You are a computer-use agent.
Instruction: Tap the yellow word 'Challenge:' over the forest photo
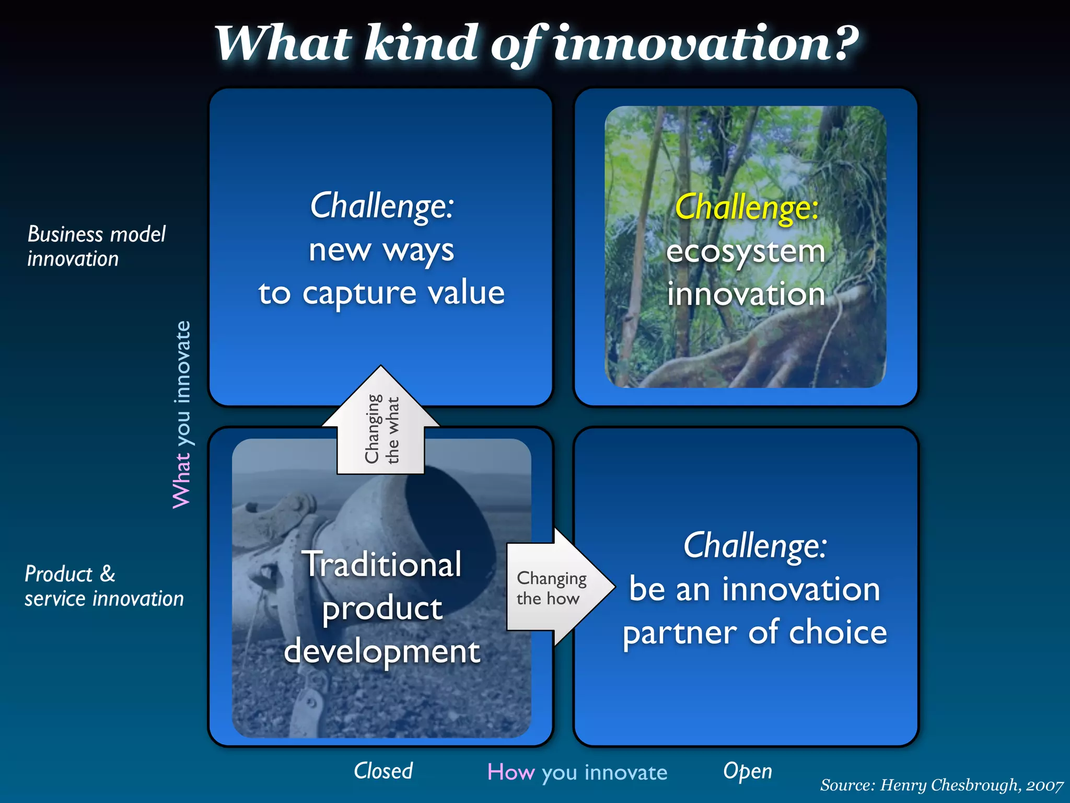(747, 208)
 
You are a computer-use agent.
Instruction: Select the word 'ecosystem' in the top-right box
(746, 252)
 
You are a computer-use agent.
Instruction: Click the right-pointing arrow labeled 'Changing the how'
(554, 588)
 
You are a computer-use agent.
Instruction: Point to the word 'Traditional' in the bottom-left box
(382, 564)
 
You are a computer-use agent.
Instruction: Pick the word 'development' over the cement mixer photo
(381, 652)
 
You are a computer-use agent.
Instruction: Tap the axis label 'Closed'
(383, 771)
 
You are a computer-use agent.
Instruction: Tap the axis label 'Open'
(747, 771)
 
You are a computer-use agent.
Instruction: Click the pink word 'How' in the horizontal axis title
(510, 772)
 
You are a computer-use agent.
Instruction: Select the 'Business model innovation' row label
(96, 246)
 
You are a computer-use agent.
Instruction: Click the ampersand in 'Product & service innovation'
(108, 573)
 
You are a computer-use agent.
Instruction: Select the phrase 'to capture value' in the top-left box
(381, 293)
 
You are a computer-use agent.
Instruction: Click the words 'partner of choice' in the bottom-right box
(754, 633)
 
